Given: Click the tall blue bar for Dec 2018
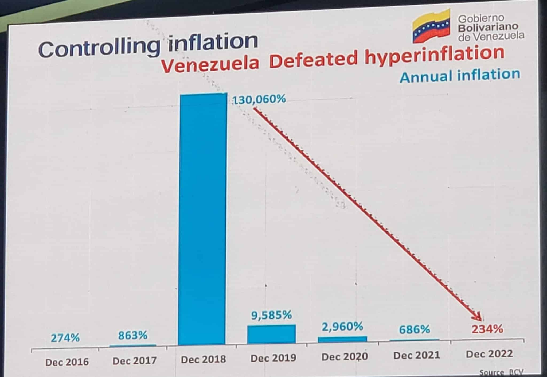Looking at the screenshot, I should [202, 219].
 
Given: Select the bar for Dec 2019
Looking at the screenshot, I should [271, 334].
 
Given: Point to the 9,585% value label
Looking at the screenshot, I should [271, 315].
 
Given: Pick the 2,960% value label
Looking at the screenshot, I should [342, 327].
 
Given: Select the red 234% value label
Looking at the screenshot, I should [487, 329].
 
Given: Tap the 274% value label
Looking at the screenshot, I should [65, 338].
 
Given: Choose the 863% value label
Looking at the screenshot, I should [133, 335].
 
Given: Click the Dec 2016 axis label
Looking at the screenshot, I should [67, 362].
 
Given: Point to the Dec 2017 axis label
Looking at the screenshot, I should [134, 361].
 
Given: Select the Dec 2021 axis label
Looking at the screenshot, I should [416, 355].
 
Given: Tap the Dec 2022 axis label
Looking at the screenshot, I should [489, 354].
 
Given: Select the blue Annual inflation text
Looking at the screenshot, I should [460, 75].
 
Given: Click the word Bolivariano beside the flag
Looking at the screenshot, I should [488, 27].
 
